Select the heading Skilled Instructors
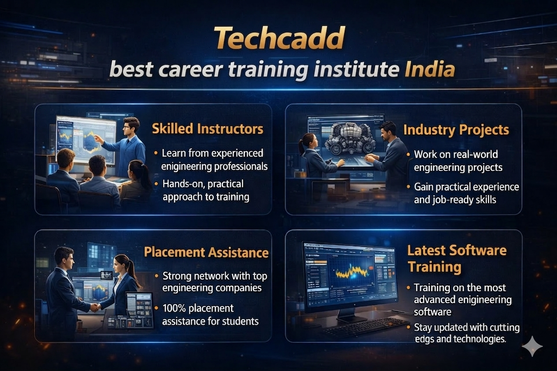coord(208,129)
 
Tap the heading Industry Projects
coord(456,130)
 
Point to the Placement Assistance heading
coord(206,252)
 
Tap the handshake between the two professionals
coord(95,307)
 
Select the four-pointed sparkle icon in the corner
coord(532,346)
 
